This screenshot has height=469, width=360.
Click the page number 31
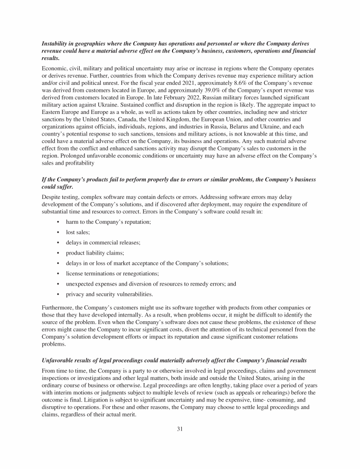click(180, 432)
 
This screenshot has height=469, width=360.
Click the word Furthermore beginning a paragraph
click(57, 308)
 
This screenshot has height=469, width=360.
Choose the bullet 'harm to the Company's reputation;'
click(108, 222)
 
